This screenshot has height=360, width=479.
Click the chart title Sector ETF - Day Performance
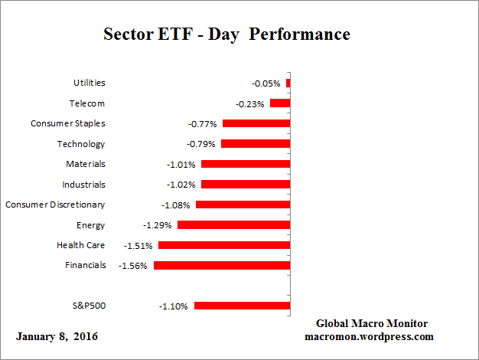click(226, 35)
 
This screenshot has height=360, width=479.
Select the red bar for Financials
click(222, 265)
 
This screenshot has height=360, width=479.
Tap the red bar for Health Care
click(224, 245)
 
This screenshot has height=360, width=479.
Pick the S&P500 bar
click(242, 305)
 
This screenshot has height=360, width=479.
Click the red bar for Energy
click(233, 225)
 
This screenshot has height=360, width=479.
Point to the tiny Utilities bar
click(288, 83)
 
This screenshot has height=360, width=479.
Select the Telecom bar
click(280, 103)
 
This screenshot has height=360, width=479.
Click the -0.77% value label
click(203, 123)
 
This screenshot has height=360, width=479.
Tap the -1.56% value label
click(134, 265)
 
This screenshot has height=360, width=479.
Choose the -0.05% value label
click(266, 83)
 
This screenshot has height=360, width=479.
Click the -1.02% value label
click(181, 185)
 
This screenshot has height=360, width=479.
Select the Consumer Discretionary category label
click(55, 205)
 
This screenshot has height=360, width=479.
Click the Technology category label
click(81, 144)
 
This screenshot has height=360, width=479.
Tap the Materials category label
click(85, 164)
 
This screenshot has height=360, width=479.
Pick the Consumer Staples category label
click(68, 123)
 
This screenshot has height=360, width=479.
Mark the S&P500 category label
click(88, 305)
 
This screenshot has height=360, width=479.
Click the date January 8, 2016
click(57, 337)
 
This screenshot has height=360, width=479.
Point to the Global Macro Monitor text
click(372, 323)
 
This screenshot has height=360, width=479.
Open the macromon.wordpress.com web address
click(370, 336)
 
